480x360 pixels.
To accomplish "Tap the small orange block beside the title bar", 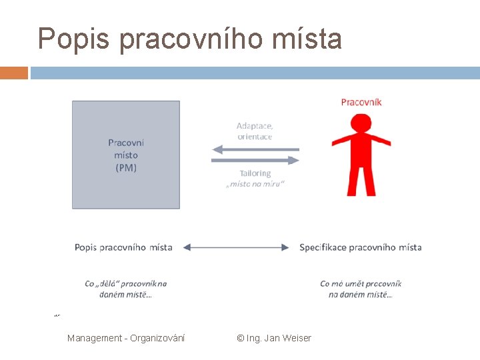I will click(14, 73).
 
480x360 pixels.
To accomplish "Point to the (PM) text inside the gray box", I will click(126, 168).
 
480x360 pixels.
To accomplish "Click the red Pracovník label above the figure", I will click(361, 102).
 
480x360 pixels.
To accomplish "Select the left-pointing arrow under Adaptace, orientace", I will click(255, 150).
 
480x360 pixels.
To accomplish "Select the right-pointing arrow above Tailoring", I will click(255, 160).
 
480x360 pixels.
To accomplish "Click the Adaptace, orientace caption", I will click(255, 131).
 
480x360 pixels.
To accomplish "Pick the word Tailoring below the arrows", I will click(255, 173).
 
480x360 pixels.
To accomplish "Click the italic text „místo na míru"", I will click(255, 184).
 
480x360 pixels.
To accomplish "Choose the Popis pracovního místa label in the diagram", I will click(123, 247).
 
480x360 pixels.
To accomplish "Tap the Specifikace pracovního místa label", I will click(361, 247).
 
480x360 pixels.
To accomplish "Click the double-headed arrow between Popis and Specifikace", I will click(236, 247).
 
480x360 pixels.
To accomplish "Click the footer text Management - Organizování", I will click(126, 338).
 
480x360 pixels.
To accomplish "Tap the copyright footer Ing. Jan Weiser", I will click(274, 338).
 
